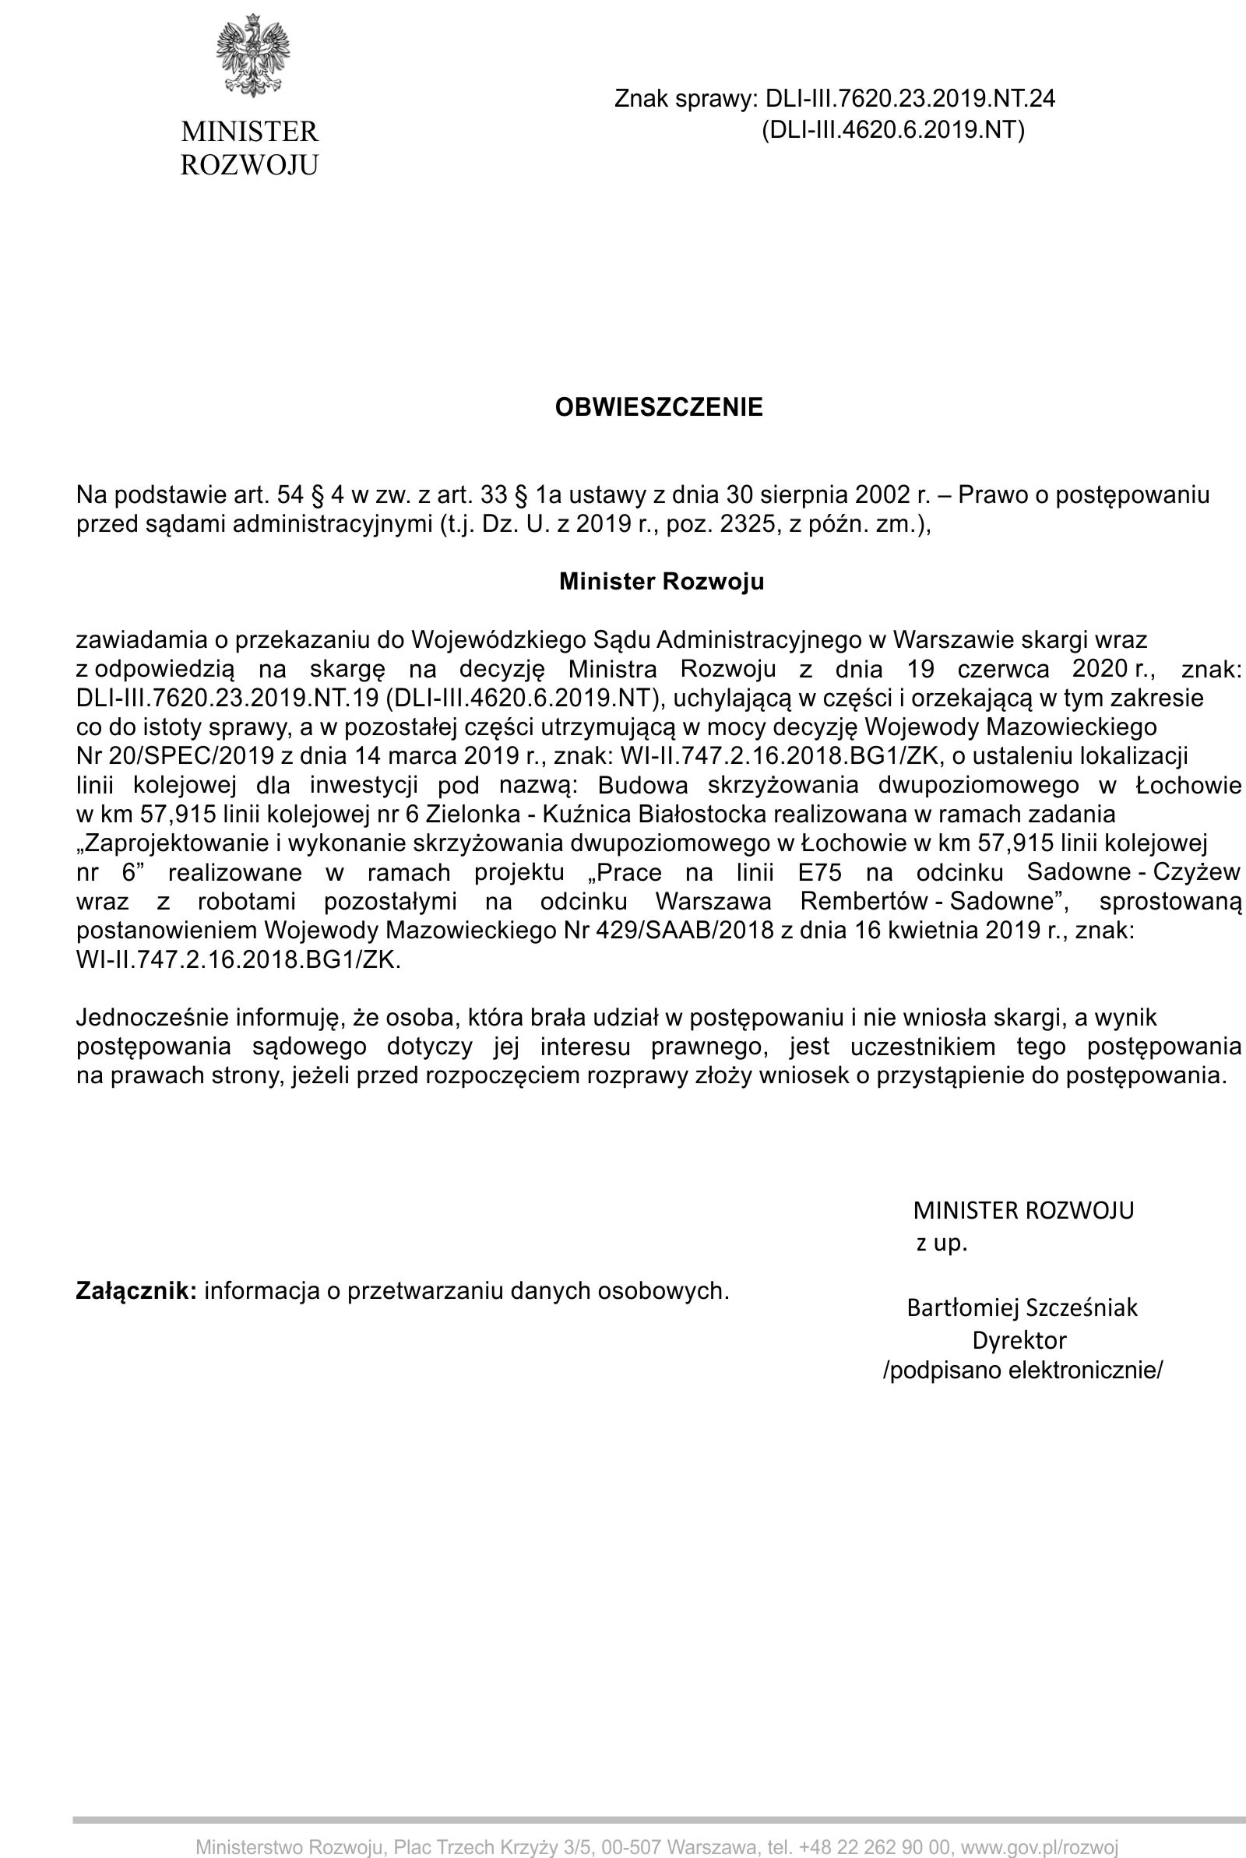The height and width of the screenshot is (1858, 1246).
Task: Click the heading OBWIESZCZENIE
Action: click(658, 407)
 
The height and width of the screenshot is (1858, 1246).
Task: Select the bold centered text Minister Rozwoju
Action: click(661, 582)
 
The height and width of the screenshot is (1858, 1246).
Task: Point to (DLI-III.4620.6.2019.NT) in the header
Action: click(893, 129)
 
